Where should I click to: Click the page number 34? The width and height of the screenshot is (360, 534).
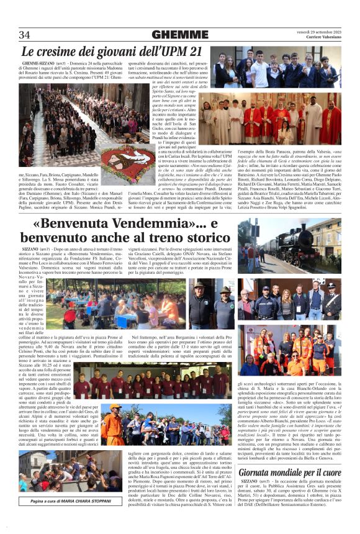click(25, 35)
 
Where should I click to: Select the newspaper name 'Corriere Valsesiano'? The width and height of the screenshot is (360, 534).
click(321, 38)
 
